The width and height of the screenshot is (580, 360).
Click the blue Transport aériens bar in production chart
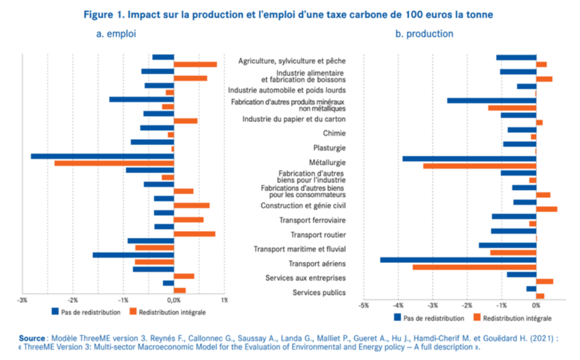[x=458, y=260]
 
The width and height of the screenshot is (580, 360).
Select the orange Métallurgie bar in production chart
[x=479, y=166]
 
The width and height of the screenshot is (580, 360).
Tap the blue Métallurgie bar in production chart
[x=469, y=158]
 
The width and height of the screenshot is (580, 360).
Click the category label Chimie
[x=334, y=133]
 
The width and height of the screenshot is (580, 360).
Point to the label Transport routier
[x=318, y=234]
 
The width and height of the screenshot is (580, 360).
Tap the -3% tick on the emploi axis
[x=23, y=300]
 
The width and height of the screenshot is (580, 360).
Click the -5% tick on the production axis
[x=363, y=305]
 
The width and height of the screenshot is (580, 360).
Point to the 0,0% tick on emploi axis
[x=173, y=300]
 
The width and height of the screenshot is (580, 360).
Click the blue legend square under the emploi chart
[x=56, y=312]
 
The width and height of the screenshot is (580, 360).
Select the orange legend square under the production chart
[x=477, y=317]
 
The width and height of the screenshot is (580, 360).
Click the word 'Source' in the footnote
[x=31, y=338]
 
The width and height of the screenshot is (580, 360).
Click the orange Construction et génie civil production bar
[x=546, y=209]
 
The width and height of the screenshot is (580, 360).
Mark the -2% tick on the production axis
[x=467, y=305]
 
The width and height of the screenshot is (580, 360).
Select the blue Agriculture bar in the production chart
[x=516, y=57]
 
